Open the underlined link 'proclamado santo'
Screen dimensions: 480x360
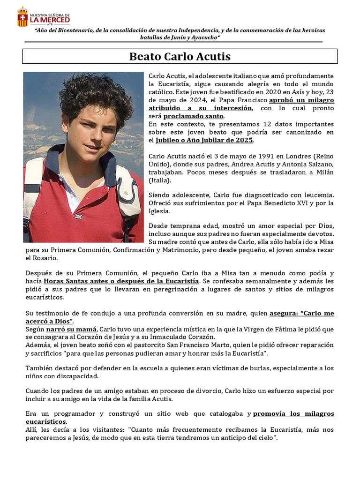193,116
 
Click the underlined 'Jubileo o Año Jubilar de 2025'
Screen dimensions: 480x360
204,140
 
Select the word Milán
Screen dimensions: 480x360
323,172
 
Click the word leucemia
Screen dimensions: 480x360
317,195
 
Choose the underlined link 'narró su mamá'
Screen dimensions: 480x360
71,329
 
